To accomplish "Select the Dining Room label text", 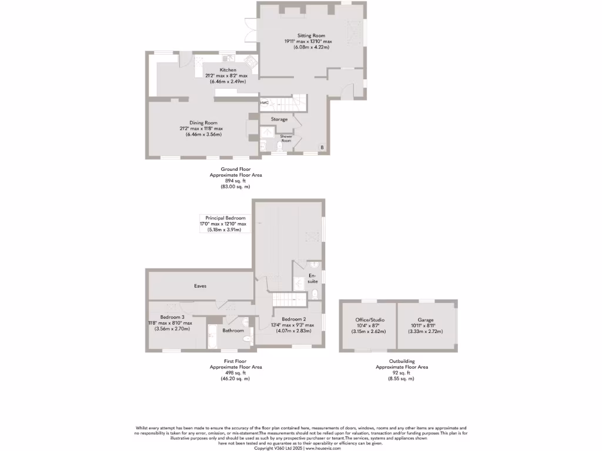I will (203, 123).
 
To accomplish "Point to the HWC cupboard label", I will (265, 103).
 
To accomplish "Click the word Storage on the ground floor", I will (279, 119).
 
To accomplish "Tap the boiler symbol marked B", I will (322, 146).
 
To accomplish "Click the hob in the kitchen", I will (250, 60).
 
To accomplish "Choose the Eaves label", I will (200, 286).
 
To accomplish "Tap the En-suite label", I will (313, 278).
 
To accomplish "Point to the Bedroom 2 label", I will (292, 319).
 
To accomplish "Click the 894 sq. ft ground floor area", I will (236, 181).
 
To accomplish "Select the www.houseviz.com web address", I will (323, 447).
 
